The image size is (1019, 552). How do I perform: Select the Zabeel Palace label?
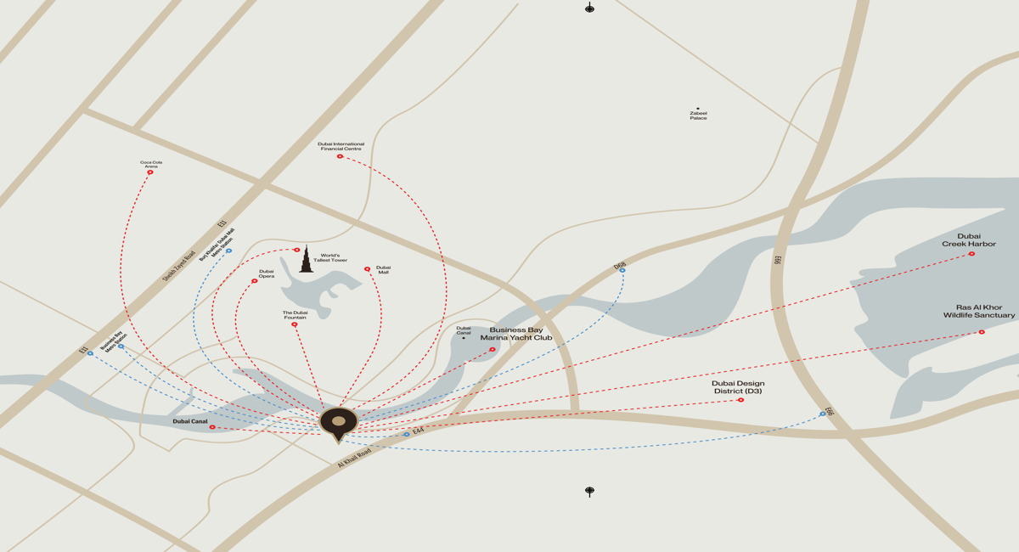(x=698, y=115)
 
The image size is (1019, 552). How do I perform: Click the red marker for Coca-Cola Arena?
(x=150, y=172)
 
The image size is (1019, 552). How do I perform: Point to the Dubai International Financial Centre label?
(x=341, y=146)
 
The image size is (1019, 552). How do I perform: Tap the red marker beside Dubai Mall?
(x=368, y=269)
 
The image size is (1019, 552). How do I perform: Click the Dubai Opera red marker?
(x=255, y=281)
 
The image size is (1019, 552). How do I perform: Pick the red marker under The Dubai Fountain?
(x=295, y=324)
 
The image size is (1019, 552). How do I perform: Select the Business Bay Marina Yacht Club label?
(x=516, y=334)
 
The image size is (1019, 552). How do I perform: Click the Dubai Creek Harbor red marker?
(x=971, y=254)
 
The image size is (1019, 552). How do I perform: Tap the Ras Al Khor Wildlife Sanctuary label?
(x=978, y=312)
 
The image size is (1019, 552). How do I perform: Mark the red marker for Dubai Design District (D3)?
(x=740, y=400)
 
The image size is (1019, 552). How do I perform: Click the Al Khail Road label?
(x=354, y=458)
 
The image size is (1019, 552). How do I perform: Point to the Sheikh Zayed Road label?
(x=179, y=260)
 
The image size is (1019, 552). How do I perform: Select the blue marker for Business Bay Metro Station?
(x=121, y=346)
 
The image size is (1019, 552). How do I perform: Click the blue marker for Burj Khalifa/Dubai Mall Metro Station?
(x=229, y=251)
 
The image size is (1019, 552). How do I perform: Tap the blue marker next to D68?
(x=622, y=271)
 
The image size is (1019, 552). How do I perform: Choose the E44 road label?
(x=418, y=431)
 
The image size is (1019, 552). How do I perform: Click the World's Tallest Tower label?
(x=330, y=257)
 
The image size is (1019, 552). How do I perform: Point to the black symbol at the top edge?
(x=589, y=8)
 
